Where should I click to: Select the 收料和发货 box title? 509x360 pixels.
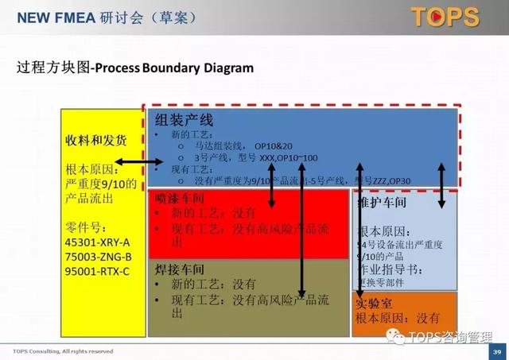(x=95, y=140)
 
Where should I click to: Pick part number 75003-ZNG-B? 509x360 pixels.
(x=99, y=257)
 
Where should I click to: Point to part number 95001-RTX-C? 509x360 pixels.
(x=99, y=271)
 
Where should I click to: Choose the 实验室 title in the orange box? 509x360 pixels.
(x=376, y=304)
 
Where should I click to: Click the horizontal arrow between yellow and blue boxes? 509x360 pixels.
(x=138, y=164)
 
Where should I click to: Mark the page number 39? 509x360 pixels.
(x=496, y=351)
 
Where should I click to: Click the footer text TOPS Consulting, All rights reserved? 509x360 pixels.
(x=63, y=351)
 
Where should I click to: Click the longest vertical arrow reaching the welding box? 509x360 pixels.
(x=302, y=230)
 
